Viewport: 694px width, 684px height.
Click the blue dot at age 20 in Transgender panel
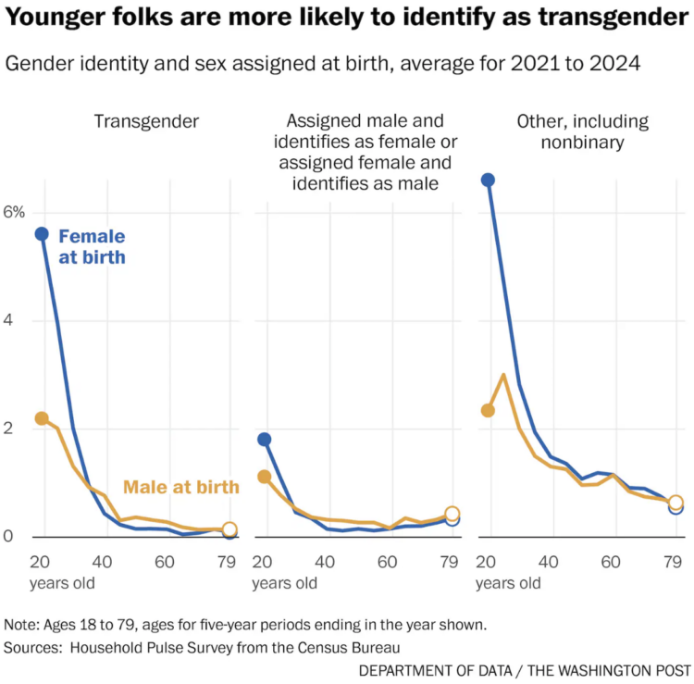point(42,234)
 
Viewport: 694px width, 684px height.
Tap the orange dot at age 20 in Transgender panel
point(42,418)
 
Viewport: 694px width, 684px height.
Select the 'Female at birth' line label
point(92,247)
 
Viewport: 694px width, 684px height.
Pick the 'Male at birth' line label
point(181,487)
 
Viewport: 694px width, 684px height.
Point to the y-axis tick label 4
point(9,320)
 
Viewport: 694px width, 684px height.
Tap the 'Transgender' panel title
point(146,121)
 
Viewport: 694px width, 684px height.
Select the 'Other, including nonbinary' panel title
point(582,131)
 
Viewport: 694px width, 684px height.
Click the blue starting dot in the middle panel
point(265,440)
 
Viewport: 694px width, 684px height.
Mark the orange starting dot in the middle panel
point(265,477)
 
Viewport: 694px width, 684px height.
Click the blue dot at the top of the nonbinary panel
point(488,180)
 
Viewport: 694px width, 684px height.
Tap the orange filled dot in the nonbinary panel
point(488,410)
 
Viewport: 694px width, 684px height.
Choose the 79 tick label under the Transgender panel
point(226,562)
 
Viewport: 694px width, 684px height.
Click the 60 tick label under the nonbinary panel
point(612,562)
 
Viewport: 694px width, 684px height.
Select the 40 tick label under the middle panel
point(326,562)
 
